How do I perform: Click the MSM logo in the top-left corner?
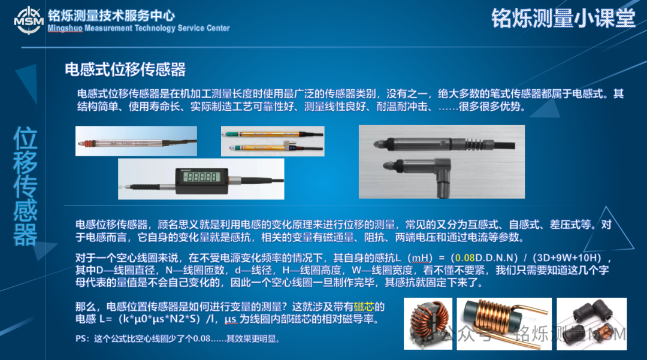point(28,20)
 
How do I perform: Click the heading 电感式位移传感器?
point(125,69)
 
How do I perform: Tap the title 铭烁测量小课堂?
point(563,18)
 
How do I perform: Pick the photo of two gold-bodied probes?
point(273,141)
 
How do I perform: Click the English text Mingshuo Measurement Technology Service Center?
point(138,28)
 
